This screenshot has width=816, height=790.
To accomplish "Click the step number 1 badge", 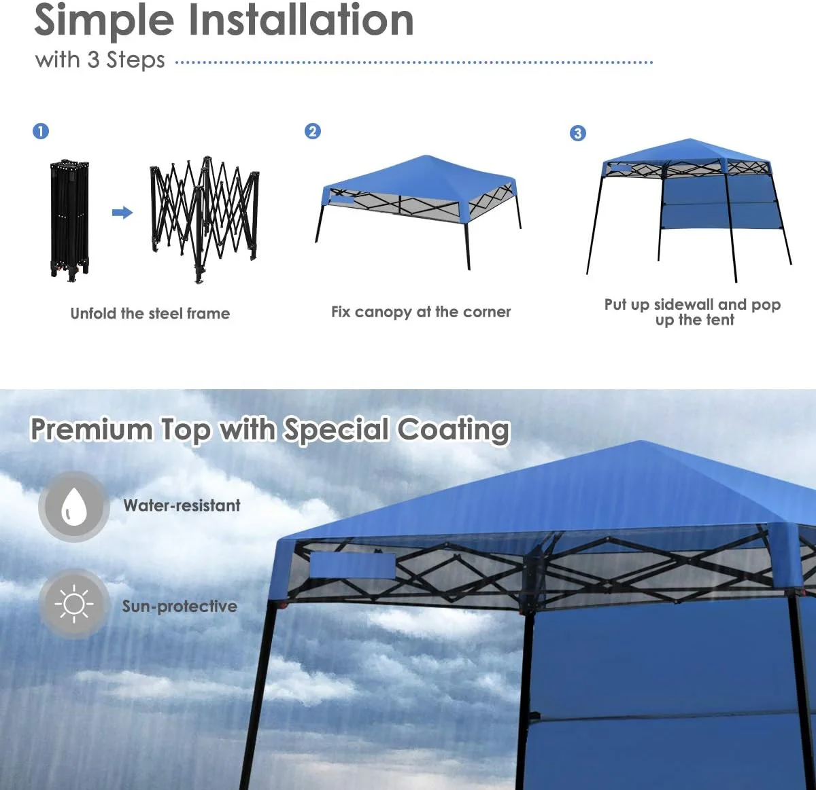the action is pyautogui.click(x=41, y=131).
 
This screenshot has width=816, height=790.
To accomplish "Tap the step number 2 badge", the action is pyautogui.click(x=312, y=131).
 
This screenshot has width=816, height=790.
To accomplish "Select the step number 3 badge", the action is pyautogui.click(x=578, y=133).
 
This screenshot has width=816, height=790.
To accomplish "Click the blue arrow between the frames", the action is pyautogui.click(x=122, y=213).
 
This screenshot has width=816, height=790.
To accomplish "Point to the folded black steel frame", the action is pyautogui.click(x=69, y=219).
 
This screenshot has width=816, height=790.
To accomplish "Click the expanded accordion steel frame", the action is pyautogui.click(x=205, y=220).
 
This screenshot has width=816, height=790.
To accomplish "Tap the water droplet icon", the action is pyautogui.click(x=74, y=506).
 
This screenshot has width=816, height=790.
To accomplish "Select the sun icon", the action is pyautogui.click(x=74, y=604).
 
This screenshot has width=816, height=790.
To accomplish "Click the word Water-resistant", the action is pyautogui.click(x=182, y=505).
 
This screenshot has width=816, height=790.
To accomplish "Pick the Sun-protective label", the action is pyautogui.click(x=180, y=607).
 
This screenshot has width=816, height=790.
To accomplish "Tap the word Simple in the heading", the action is pyautogui.click(x=104, y=22).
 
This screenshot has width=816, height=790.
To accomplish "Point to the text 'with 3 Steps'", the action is pyautogui.click(x=100, y=60).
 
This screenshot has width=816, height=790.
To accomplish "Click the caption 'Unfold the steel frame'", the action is pyautogui.click(x=150, y=313).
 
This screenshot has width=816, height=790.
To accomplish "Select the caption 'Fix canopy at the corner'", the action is pyautogui.click(x=421, y=312).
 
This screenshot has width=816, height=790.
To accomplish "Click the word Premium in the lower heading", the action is pyautogui.click(x=91, y=429).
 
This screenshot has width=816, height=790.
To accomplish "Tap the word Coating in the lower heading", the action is pyautogui.click(x=454, y=429).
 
